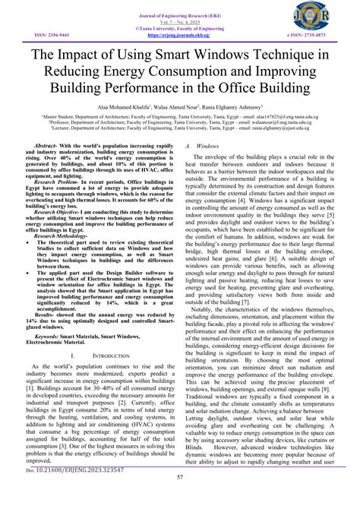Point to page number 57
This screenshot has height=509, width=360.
click(x=180, y=498)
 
